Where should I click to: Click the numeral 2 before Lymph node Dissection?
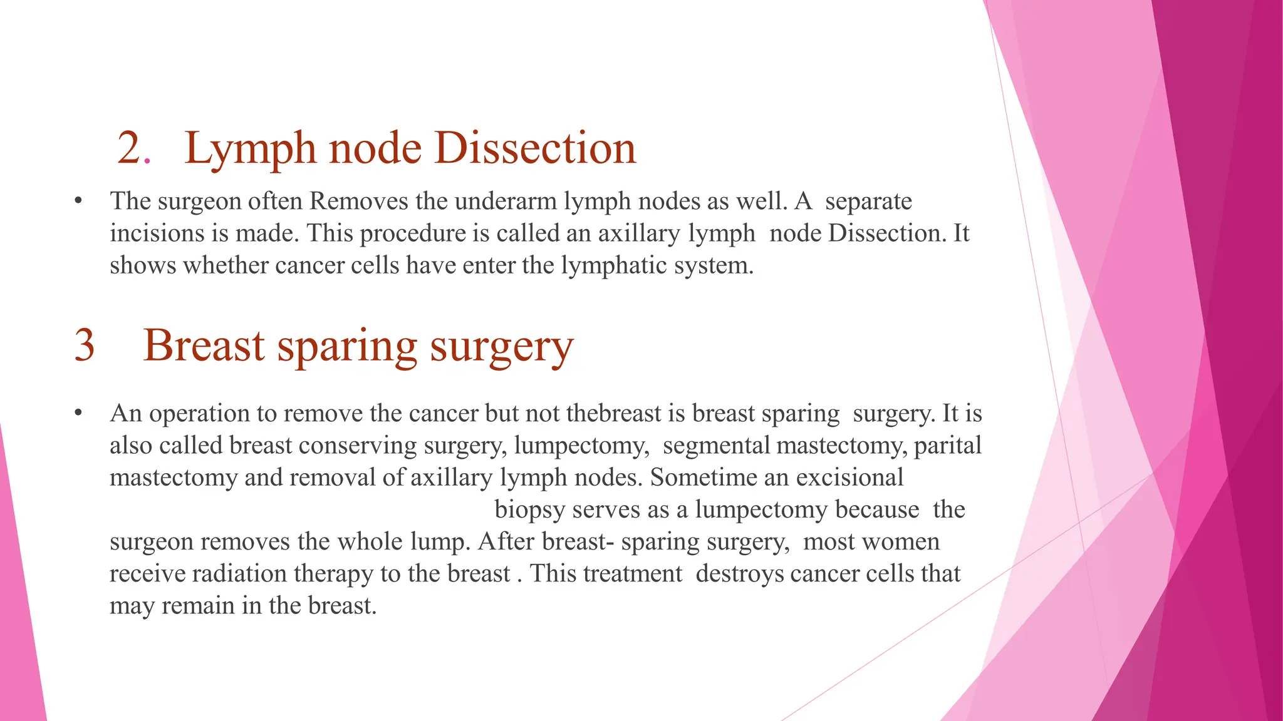[x=130, y=149]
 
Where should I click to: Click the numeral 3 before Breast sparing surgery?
[x=85, y=345]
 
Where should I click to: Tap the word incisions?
[x=157, y=233]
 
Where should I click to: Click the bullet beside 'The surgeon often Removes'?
[x=78, y=202]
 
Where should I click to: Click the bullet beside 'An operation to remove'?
[x=78, y=414]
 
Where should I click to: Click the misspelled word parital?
[x=947, y=446]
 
